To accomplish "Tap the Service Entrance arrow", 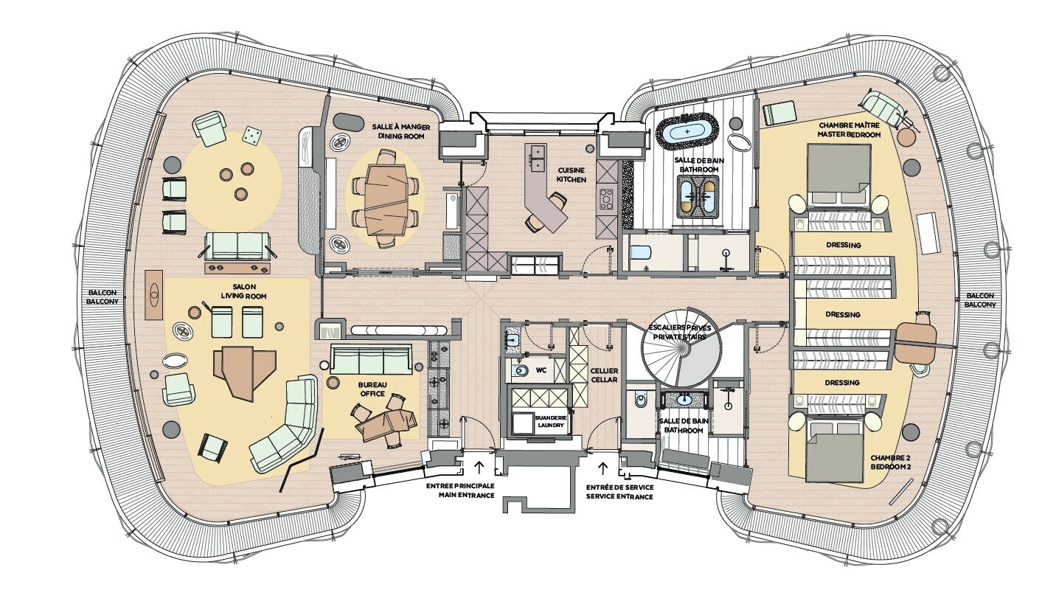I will click(x=604, y=466).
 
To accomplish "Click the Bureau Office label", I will click(x=373, y=389).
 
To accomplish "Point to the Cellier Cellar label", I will click(x=604, y=375).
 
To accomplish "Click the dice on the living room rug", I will click(x=252, y=135).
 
